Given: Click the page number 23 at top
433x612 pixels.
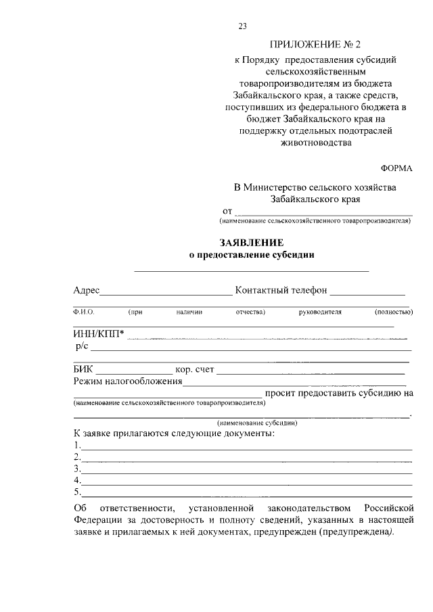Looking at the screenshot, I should click(242, 26).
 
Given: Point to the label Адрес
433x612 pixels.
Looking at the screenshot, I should click(87, 291).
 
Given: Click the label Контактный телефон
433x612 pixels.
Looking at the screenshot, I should click(281, 291).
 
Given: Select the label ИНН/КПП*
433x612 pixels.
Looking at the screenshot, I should click(99, 333).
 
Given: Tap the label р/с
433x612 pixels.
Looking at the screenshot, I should click(82, 346).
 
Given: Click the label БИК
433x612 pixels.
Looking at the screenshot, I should click(84, 369).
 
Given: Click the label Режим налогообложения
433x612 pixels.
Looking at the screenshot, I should click(128, 381).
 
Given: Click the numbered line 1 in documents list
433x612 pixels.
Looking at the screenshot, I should click(244, 446).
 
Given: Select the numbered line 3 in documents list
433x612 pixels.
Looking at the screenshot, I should click(244, 469).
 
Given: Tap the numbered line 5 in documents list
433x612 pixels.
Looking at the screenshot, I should click(244, 492).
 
